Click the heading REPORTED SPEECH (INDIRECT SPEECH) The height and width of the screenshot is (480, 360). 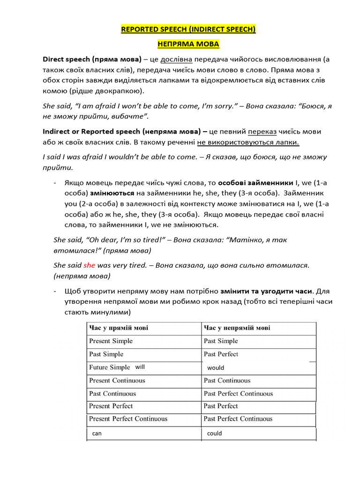188,30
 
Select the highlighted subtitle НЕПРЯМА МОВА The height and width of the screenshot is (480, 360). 188,45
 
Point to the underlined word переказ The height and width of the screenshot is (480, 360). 262,132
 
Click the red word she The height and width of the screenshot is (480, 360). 89,265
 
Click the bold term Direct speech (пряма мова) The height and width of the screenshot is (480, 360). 92,60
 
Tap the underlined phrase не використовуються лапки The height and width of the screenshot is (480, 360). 248,142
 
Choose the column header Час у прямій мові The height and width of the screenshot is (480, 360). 119,328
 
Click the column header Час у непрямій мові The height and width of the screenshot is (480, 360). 237,328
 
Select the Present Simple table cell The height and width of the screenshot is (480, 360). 111,341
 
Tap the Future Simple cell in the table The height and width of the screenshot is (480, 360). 109,367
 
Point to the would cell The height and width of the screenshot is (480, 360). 216,368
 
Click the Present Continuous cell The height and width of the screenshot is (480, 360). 117,381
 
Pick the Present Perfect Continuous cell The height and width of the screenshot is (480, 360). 128,419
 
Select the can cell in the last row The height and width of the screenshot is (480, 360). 97,434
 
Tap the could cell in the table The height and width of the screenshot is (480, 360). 214,434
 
